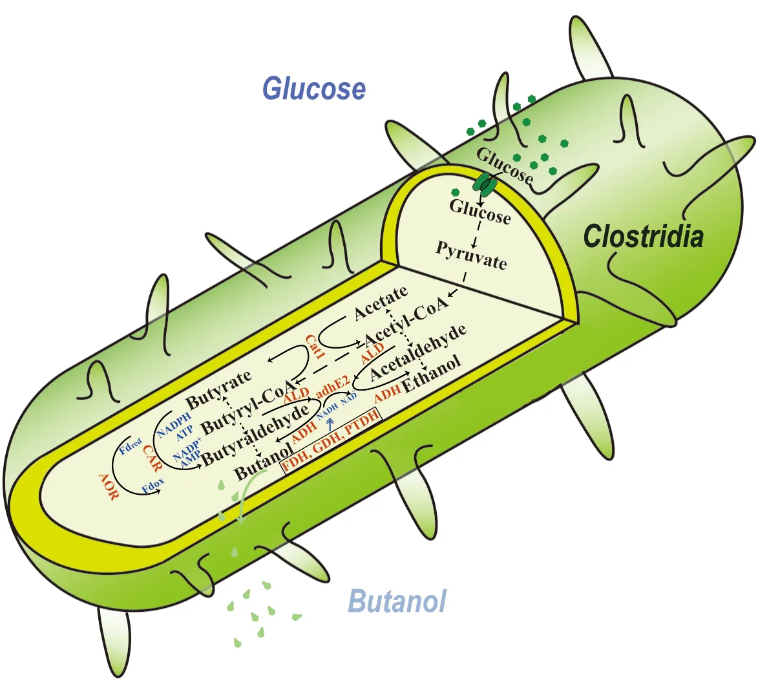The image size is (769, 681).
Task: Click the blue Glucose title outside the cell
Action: (314, 89)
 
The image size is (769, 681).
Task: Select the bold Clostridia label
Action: (643, 237)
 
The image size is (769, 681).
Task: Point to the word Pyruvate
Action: (471, 255)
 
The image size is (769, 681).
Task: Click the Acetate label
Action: (381, 303)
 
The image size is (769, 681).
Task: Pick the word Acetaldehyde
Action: (417, 351)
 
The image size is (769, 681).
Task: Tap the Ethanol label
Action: (432, 374)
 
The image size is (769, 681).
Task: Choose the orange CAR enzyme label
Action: (153, 460)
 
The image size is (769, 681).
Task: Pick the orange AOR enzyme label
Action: (109, 486)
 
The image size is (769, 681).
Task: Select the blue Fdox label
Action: (153, 486)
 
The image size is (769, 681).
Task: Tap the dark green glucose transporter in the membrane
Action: (485, 184)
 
